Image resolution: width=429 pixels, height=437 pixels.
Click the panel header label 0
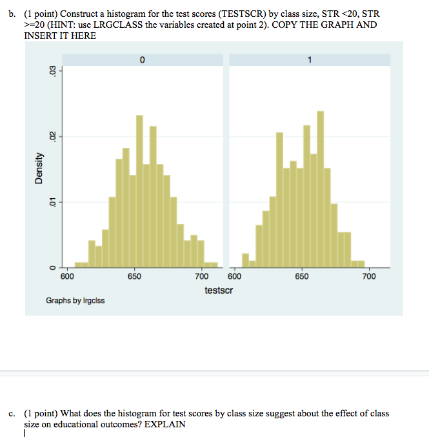pyautogui.click(x=141, y=60)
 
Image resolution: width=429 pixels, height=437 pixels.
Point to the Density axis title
pyautogui.click(x=39, y=168)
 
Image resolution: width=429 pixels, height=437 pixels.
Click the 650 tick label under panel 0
pyautogui.click(x=134, y=276)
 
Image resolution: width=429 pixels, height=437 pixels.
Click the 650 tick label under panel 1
pyautogui.click(x=301, y=276)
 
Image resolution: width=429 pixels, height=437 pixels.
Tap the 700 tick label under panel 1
pyautogui.click(x=368, y=276)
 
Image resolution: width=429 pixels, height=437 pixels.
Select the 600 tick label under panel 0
pyautogui.click(x=67, y=276)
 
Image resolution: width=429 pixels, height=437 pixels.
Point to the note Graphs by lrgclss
pyautogui.click(x=75, y=301)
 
